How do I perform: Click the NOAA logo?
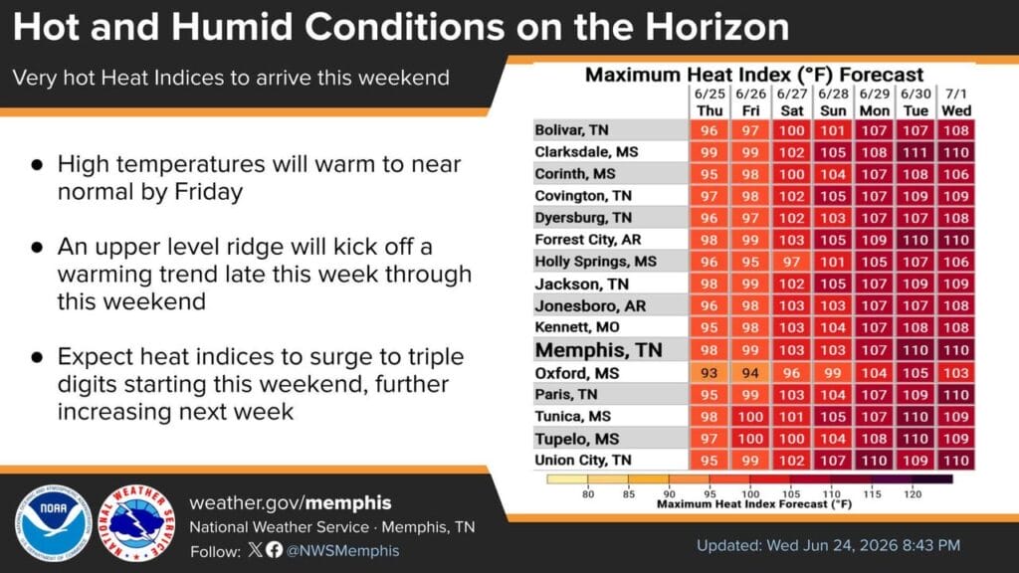pos(54,523)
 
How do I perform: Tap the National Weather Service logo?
pos(136,523)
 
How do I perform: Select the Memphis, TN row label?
pos(598,350)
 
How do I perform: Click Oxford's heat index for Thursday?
pos(709,373)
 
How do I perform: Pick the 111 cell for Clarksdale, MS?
pos(916,152)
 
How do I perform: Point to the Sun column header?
pos(833,111)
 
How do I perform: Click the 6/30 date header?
pos(916,95)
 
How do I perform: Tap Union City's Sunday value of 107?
pos(833,461)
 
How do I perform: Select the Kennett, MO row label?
pos(576,327)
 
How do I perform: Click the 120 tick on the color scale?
pos(913,494)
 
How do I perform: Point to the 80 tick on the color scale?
pos(588,494)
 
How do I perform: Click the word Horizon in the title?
pos(717,27)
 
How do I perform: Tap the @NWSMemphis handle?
pos(342,551)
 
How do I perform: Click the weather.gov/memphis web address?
pos(291,502)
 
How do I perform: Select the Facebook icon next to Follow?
pos(275,549)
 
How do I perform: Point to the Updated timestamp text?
pos(829,546)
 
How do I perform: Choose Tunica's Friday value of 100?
pos(750,417)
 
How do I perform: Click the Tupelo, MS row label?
pos(576,439)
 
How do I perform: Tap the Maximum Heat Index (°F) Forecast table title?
pos(754,75)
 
